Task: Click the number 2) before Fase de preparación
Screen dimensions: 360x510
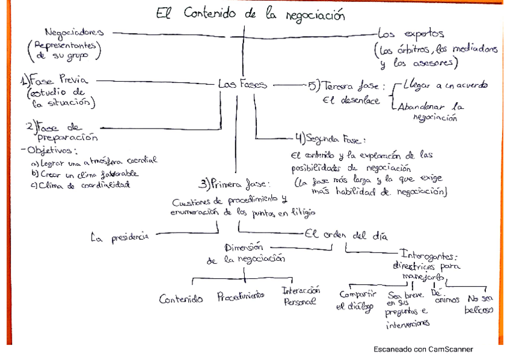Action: coord(30,127)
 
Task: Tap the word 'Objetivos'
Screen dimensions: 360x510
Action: coord(46,150)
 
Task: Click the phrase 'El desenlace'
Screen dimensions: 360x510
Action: coord(351,100)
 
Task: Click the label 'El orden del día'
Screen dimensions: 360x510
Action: coord(345,235)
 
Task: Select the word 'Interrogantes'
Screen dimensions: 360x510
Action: coord(428,255)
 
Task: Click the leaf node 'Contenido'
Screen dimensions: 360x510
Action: coord(180,299)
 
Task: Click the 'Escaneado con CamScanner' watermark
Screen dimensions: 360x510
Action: coord(423,349)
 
